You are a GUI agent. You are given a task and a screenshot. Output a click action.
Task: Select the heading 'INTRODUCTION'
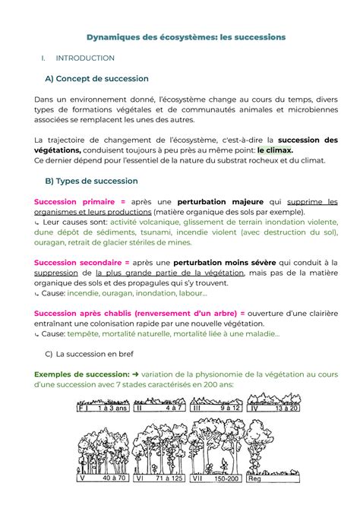(x=85, y=58)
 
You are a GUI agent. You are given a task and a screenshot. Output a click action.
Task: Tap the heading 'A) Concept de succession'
(x=96, y=78)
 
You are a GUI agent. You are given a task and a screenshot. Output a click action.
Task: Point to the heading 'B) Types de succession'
(x=91, y=181)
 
